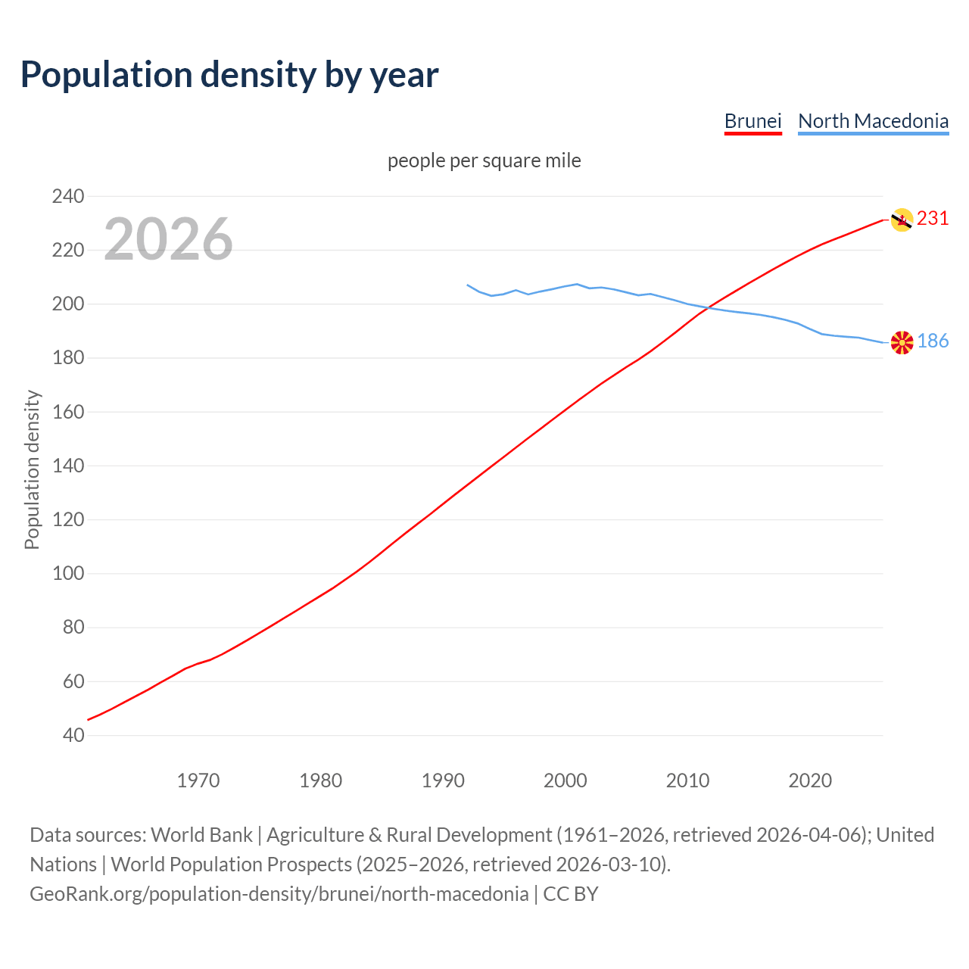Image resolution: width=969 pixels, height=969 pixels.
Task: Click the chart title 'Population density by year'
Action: pyautogui.click(x=229, y=75)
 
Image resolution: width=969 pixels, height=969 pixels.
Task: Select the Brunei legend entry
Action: pyautogui.click(x=752, y=121)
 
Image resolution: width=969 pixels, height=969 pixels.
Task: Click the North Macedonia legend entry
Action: pyautogui.click(x=873, y=121)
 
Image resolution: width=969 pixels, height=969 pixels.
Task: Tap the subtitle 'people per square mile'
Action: pyautogui.click(x=484, y=161)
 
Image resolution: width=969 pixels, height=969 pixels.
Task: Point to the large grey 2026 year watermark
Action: pyautogui.click(x=168, y=239)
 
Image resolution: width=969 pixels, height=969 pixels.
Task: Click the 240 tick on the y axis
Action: pyautogui.click(x=68, y=197)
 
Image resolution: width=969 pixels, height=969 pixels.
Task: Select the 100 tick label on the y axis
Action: pyautogui.click(x=68, y=574)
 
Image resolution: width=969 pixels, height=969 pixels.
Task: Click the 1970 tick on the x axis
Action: pyautogui.click(x=198, y=780)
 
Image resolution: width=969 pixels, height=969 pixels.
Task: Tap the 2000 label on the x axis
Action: pyautogui.click(x=566, y=780)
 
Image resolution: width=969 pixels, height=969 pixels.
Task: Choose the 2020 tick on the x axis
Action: pyautogui.click(x=810, y=780)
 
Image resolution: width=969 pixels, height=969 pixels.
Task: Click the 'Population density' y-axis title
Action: pyautogui.click(x=32, y=469)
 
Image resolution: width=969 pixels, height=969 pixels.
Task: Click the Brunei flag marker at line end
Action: pyautogui.click(x=902, y=220)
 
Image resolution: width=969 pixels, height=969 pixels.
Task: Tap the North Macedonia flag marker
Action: pyautogui.click(x=902, y=342)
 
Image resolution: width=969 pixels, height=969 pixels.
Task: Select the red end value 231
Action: pyautogui.click(x=933, y=219)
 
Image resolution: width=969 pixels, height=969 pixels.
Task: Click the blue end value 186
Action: pyautogui.click(x=933, y=341)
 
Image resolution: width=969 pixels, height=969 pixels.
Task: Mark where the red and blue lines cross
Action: pyautogui.click(x=708, y=307)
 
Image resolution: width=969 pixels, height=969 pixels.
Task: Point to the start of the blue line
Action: pyautogui.click(x=468, y=285)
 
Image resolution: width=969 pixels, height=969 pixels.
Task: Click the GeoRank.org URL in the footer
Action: pyautogui.click(x=279, y=894)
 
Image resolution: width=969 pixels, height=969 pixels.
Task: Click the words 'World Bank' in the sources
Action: pyautogui.click(x=201, y=835)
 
